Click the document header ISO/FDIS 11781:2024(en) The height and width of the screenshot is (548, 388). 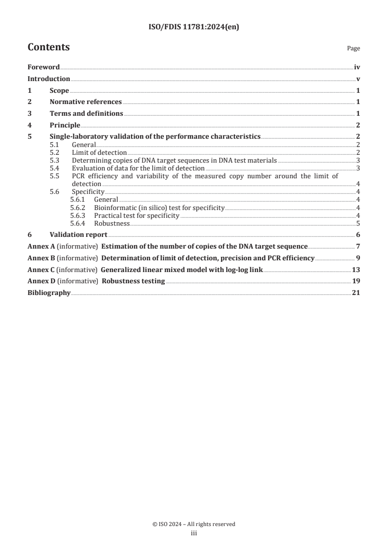point(194,28)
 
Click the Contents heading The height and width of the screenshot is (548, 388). point(48,47)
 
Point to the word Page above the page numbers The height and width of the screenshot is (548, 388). point(353,49)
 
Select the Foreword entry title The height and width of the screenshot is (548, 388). point(44,67)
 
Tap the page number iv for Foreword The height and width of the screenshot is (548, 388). point(357,67)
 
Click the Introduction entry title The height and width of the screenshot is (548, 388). point(48,79)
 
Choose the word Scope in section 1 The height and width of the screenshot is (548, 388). point(59,90)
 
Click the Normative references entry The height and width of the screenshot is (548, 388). point(86,102)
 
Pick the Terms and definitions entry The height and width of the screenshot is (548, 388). point(86,114)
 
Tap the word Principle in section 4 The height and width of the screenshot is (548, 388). point(65,125)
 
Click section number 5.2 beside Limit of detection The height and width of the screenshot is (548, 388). point(56,153)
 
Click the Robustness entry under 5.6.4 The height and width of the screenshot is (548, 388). point(112,223)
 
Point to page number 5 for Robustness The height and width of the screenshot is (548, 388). point(359,223)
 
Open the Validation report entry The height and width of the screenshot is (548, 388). point(78,235)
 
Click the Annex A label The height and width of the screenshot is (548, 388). point(41,246)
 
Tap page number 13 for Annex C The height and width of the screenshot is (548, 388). point(356,270)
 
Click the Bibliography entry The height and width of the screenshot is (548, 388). point(49,293)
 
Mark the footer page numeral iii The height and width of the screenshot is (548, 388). point(194,534)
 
